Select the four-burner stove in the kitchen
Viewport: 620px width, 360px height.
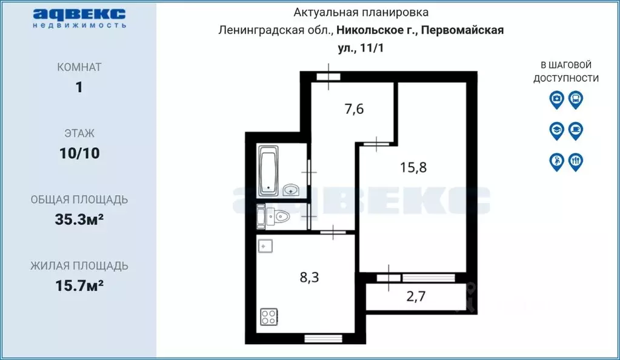[268, 316]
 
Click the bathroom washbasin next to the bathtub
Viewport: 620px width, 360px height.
[293, 190]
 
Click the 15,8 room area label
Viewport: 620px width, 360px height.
[413, 167]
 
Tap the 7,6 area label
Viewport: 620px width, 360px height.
[354, 110]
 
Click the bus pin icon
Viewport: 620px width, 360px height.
[576, 99]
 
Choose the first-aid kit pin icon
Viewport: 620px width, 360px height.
[556, 99]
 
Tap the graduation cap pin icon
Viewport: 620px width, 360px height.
[556, 130]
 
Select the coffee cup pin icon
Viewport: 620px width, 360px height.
[576, 130]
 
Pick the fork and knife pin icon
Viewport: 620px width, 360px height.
[576, 161]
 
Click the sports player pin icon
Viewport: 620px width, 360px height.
[556, 161]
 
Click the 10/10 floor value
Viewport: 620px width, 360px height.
[79, 153]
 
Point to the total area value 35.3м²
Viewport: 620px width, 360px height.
[79, 219]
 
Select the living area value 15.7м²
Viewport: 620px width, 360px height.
[79, 285]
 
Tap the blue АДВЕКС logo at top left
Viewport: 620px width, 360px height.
[79, 14]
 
